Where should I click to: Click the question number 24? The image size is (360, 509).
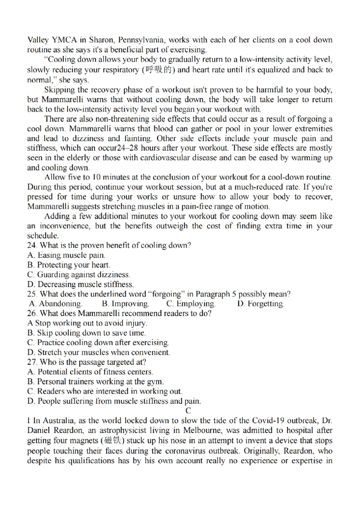tap(31, 246)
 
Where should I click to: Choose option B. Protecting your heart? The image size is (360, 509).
tap(68, 265)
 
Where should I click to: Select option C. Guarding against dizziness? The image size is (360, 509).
tap(78, 275)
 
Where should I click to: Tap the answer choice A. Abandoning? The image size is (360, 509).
tap(56, 304)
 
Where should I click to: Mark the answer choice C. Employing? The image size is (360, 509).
tap(191, 304)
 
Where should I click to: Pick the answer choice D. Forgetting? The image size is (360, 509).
tap(261, 304)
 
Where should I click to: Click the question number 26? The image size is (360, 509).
tap(31, 313)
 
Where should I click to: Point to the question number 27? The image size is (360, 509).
tap(31, 362)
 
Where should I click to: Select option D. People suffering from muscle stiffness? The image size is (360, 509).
tap(114, 401)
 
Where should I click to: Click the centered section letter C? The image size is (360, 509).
tap(188, 411)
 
